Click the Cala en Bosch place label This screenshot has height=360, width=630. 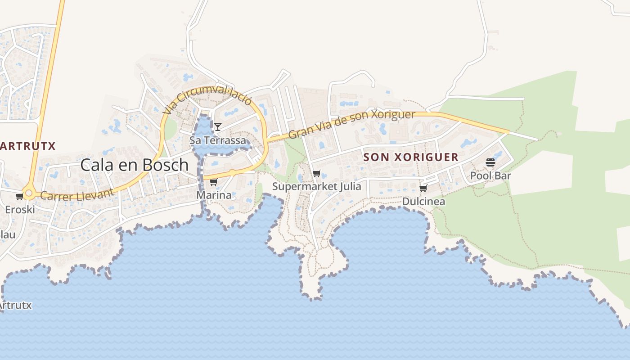pyautogui.click(x=135, y=165)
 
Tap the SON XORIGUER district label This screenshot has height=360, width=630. pyautogui.click(x=411, y=157)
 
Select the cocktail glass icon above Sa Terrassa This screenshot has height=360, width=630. pyautogui.click(x=218, y=127)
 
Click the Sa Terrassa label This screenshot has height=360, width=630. pyautogui.click(x=218, y=140)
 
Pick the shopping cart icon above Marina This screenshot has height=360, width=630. pyautogui.click(x=214, y=182)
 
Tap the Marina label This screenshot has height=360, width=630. pyautogui.click(x=214, y=195)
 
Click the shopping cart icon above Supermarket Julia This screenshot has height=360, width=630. pyautogui.click(x=317, y=173)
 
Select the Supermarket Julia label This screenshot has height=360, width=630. pyautogui.click(x=317, y=186)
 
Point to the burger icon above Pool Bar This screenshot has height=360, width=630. pyautogui.click(x=490, y=162)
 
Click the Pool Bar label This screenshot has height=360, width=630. pyautogui.click(x=490, y=175)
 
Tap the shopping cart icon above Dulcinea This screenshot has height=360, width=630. pyautogui.click(x=423, y=188)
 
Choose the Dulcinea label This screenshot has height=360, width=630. pyautogui.click(x=423, y=201)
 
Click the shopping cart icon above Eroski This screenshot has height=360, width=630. pyautogui.click(x=19, y=196)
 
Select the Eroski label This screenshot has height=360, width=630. pyautogui.click(x=20, y=210)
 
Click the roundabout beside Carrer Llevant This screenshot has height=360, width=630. pyautogui.click(x=29, y=193)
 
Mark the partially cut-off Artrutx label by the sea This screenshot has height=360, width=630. pyautogui.click(x=15, y=305)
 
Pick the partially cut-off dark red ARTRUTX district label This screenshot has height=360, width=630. pyautogui.click(x=27, y=146)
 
